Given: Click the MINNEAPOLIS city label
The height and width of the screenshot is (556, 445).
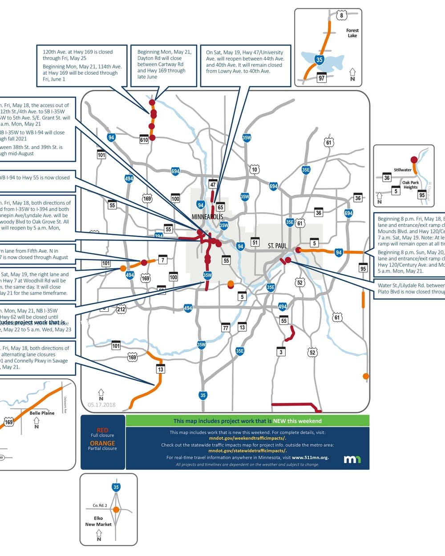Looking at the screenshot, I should tap(207, 217).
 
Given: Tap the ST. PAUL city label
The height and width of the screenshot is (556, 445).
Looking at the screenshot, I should tap(277, 246).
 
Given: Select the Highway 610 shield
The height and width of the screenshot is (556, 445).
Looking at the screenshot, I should tap(144, 139).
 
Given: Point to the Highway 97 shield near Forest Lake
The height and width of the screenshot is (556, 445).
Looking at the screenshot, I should tap(322, 77).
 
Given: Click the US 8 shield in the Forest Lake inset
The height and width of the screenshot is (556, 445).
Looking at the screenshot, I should tap(341, 16).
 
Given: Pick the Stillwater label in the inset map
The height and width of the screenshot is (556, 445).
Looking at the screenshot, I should tap(402, 170).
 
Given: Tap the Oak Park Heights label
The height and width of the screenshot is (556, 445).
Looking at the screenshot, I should tap(410, 185).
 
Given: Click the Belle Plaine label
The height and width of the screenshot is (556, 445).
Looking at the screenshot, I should tap(42, 413).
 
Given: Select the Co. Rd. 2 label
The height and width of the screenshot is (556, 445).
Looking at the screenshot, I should tap(100, 505).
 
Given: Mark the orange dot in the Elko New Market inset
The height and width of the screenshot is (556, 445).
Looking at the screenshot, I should tap(116, 510).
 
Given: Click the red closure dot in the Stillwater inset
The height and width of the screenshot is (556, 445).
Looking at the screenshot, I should tap(414, 160).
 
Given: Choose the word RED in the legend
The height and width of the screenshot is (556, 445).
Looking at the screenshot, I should tap(102, 430).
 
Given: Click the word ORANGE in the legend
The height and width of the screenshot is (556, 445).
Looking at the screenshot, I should tap(102, 443).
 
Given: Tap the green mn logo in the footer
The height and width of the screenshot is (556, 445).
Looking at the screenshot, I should tap(352, 459).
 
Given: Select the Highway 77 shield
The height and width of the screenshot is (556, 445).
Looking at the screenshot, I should tap(226, 328).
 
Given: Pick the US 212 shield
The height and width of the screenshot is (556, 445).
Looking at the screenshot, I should tap(121, 309).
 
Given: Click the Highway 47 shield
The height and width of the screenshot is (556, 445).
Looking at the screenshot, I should tap(213, 184).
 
